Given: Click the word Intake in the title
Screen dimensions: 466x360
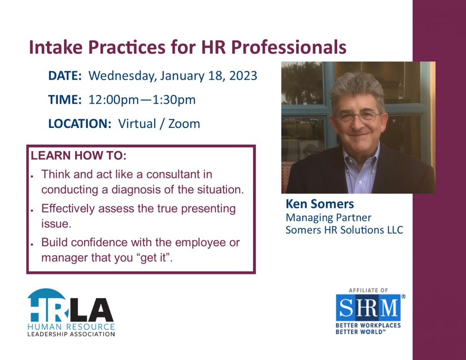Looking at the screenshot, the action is (56, 47).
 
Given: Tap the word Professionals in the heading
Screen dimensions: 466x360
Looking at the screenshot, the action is (289, 47).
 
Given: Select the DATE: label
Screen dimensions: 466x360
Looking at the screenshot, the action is (65, 76).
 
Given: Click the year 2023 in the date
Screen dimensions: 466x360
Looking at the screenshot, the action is (243, 76).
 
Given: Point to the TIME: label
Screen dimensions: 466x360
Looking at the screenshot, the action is (65, 100).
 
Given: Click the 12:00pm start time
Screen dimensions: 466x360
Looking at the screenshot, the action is (113, 100).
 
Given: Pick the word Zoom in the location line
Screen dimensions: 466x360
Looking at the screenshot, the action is (184, 124).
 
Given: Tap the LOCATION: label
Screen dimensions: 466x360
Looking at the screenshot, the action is (80, 124).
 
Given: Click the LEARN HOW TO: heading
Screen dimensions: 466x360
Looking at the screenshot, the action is (79, 156).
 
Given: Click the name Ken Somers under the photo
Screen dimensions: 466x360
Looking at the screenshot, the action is (320, 204).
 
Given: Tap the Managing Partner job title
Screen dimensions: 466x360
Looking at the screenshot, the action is (329, 218).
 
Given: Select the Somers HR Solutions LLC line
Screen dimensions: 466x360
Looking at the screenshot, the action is (344, 230).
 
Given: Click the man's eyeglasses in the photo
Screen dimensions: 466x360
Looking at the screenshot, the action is (358, 117).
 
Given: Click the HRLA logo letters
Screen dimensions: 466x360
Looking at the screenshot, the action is (71, 305).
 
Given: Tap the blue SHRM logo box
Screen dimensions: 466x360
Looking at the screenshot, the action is (368, 307).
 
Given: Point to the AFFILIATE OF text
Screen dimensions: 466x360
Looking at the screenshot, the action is (369, 290).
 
